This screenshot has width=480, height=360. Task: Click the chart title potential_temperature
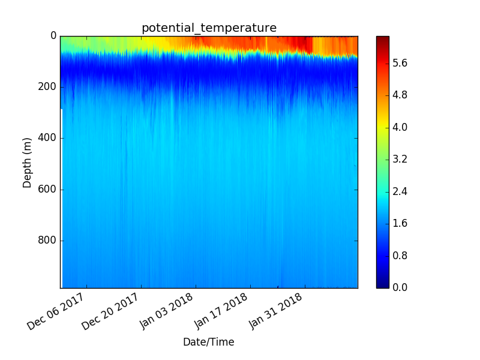[x=209, y=28]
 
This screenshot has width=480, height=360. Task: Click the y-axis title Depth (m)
[x=27, y=163]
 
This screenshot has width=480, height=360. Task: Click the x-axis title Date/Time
[x=209, y=342]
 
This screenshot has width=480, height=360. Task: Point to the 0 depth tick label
[x=53, y=36]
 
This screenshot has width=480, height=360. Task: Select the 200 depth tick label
[x=47, y=87]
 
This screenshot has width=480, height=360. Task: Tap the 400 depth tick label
[x=47, y=138]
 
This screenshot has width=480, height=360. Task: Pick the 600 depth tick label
[x=47, y=189]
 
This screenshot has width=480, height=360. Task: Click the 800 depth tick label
[x=47, y=241]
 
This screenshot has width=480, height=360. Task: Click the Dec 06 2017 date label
[x=55, y=311]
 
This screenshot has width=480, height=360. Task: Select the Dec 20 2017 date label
[x=110, y=311]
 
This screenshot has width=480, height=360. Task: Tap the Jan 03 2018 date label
[x=166, y=311]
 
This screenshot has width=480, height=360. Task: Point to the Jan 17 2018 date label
[x=221, y=311]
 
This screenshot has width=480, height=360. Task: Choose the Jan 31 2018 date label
[x=275, y=311]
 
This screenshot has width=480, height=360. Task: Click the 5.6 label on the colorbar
[x=400, y=64]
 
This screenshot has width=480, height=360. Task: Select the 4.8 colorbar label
[x=400, y=95]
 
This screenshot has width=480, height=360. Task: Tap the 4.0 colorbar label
[x=400, y=127]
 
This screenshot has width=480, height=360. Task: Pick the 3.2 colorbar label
[x=400, y=159]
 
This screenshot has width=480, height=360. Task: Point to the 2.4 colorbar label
[x=400, y=191]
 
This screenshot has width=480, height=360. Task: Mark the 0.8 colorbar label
[x=400, y=256]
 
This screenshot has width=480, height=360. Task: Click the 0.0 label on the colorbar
[x=400, y=287]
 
